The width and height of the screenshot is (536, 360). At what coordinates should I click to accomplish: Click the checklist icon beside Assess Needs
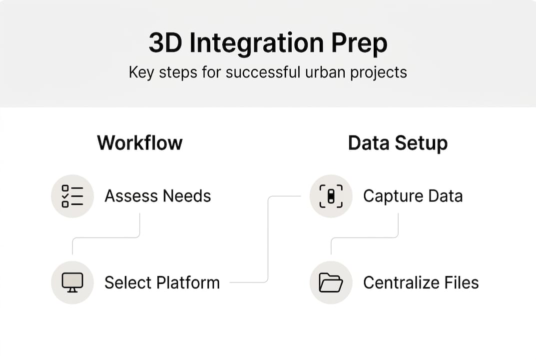click(72, 196)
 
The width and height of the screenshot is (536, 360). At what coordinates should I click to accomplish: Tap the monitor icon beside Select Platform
click(72, 282)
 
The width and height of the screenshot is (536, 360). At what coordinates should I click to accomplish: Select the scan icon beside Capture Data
click(331, 196)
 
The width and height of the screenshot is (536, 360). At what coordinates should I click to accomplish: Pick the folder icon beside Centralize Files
click(331, 282)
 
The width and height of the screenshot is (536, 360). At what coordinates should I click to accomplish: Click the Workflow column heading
click(140, 143)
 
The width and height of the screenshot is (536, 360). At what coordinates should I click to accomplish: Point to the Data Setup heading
click(398, 143)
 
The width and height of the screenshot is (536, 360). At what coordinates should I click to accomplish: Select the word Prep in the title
click(359, 44)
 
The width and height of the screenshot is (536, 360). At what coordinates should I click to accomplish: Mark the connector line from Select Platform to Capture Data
click(268, 240)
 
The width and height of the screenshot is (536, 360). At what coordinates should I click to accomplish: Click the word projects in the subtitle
click(378, 72)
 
